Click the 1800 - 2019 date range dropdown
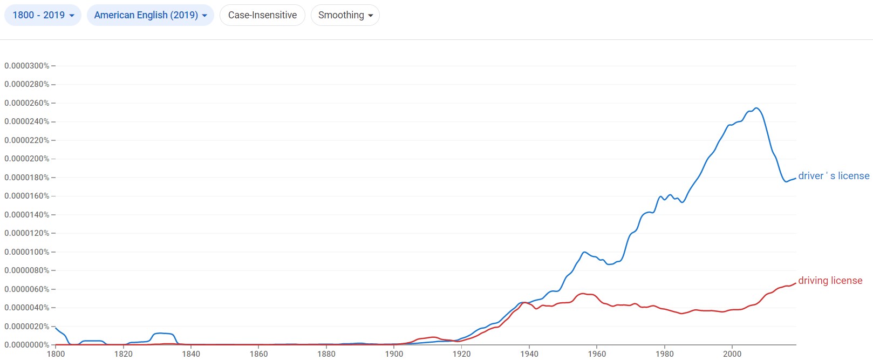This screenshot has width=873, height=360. pos(43,15)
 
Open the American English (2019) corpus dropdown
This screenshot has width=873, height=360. pos(151,15)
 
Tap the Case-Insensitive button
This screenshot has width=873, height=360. pos(262,15)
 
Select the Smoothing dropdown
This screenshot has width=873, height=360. pos(345,15)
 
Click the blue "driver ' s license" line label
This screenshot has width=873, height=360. pos(834,176)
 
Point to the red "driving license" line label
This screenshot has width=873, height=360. pos(830,281)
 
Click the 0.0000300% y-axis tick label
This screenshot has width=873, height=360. pos(27,66)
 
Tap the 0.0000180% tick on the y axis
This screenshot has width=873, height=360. pos(27,178)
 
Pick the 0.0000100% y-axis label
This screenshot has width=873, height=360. pos(27,252)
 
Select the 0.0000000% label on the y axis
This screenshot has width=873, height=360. pos(27,345)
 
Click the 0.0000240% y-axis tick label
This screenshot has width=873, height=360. pos(27,121)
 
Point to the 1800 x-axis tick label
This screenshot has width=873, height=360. pos(56,354)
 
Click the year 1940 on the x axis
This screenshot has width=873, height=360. pos(529,354)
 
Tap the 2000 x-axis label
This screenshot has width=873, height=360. pos(732,354)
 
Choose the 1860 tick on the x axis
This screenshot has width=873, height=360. pos(259,354)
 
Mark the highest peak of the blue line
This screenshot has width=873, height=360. pos(756,108)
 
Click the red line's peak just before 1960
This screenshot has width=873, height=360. pos(583,294)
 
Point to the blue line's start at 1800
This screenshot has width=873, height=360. pos(56,328)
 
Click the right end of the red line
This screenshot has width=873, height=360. pos(796,283)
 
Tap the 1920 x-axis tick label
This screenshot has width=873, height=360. pos(462,354)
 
